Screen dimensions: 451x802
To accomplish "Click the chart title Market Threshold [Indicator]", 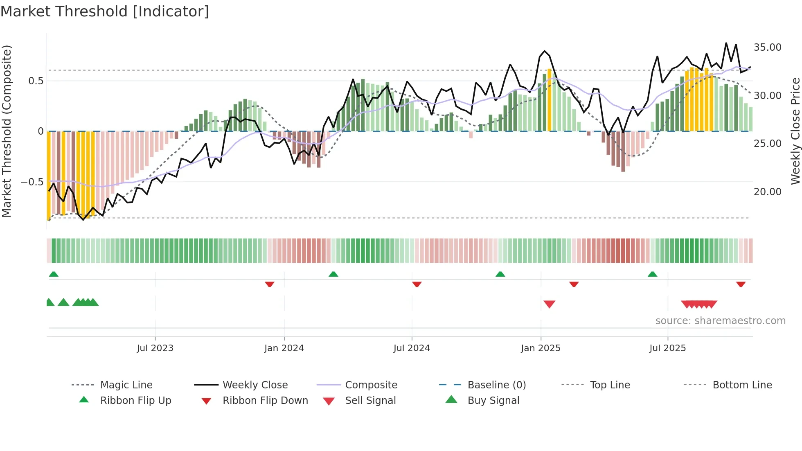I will pyautogui.click(x=105, y=11).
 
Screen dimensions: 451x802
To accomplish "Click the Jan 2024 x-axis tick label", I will pyautogui.click(x=284, y=348).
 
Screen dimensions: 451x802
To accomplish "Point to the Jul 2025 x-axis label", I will pyautogui.click(x=667, y=348).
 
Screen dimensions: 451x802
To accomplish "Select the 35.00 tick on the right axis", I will pyautogui.click(x=767, y=47).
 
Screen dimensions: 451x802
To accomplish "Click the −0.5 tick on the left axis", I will pyautogui.click(x=32, y=182).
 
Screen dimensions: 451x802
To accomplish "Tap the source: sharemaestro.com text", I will pyautogui.click(x=720, y=321).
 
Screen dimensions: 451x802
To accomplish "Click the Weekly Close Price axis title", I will pyautogui.click(x=795, y=131).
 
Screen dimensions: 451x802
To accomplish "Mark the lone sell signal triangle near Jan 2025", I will pyautogui.click(x=549, y=304).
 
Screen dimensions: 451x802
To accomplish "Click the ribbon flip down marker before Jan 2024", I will pyautogui.click(x=269, y=284).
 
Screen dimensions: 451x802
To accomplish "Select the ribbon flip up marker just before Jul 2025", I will pyautogui.click(x=652, y=274).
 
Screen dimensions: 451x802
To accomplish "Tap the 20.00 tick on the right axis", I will pyautogui.click(x=767, y=192).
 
